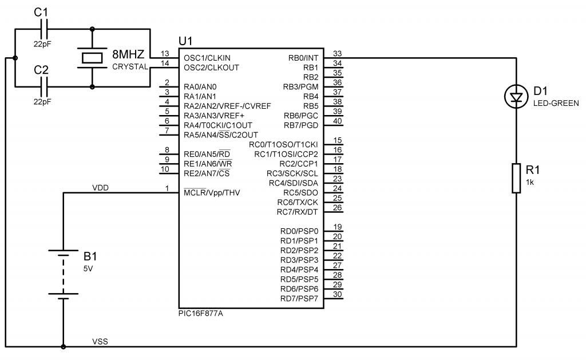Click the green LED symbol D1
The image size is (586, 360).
(517, 97)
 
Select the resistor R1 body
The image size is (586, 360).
(517, 178)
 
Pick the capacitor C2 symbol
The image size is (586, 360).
(46, 87)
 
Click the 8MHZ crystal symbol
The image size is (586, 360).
(92, 58)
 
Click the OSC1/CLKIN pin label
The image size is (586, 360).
(207, 58)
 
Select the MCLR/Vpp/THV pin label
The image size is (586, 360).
(212, 192)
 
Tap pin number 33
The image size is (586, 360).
(338, 53)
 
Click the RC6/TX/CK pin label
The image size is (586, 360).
(298, 202)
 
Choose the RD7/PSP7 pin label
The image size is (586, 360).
(299, 298)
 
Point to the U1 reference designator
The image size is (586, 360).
(186, 41)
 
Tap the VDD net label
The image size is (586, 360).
(101, 188)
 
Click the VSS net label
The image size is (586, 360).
(100, 342)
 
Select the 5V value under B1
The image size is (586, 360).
(88, 268)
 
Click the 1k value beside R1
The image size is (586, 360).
(529, 181)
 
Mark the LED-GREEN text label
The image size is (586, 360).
(556, 103)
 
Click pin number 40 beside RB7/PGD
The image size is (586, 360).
(338, 121)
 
